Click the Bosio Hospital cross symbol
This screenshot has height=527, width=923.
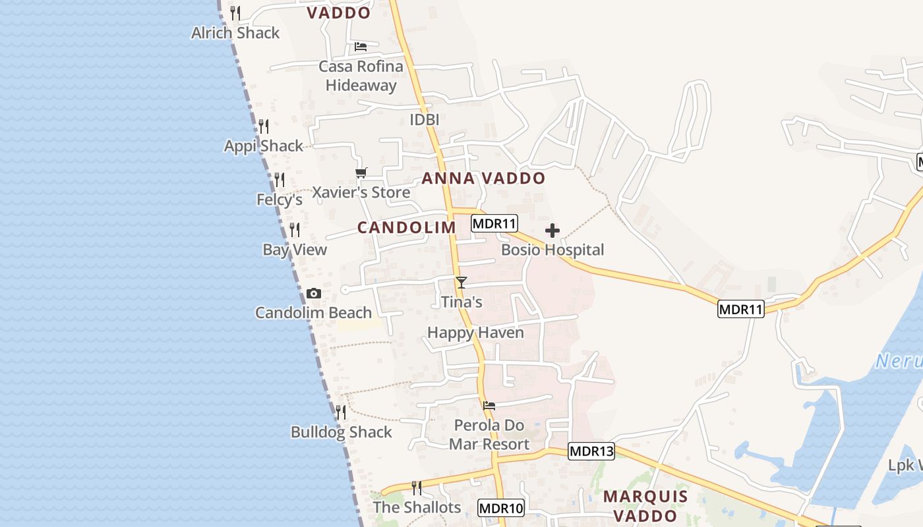552,231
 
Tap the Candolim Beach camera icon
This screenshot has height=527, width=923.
314,293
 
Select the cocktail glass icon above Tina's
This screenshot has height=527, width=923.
461,283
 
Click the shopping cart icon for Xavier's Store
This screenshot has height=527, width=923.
361,173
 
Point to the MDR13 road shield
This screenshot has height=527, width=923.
591,451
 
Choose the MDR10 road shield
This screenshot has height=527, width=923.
501,508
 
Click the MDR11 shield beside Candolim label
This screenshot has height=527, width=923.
494,223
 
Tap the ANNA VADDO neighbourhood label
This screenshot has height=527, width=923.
483,178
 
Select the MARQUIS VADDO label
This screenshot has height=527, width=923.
645,505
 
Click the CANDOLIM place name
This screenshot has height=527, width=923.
406,227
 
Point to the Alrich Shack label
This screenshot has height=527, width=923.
235,33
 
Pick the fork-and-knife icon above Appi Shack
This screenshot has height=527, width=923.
264,126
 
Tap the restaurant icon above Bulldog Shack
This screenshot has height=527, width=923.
341,412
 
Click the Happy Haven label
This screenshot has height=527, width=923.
475,333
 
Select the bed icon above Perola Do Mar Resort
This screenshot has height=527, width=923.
489,405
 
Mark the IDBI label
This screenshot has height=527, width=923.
424,120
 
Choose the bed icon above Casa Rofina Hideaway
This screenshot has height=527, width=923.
361,47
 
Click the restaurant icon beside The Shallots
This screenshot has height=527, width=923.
417,488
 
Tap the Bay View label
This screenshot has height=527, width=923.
295,250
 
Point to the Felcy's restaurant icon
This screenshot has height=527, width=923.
280,180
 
